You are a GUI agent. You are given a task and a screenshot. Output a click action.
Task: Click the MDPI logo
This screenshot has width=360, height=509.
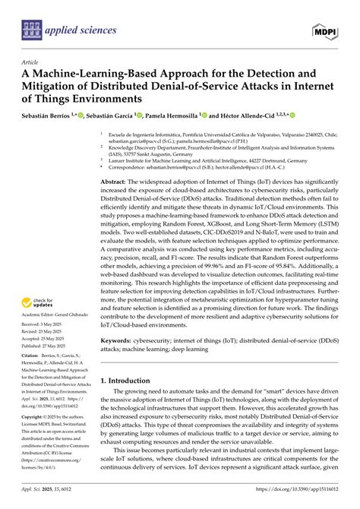[326, 30]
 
